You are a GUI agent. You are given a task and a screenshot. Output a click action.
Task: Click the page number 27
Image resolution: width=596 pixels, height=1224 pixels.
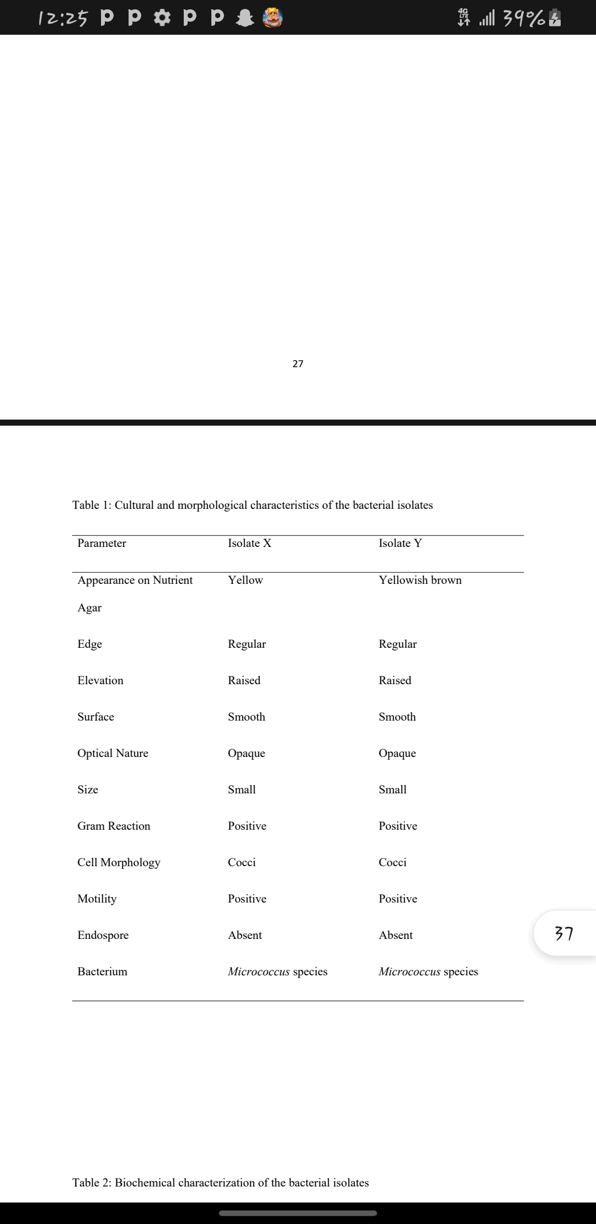pyautogui.click(x=298, y=363)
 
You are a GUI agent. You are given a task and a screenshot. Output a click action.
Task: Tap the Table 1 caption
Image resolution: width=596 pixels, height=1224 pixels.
pyautogui.click(x=252, y=505)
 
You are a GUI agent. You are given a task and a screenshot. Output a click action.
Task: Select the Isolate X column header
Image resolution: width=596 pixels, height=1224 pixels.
pyautogui.click(x=249, y=543)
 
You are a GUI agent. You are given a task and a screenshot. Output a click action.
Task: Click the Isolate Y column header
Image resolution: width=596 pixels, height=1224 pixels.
pyautogui.click(x=400, y=543)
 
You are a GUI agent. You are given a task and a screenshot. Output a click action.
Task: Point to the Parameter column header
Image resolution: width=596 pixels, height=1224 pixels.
pyautogui.click(x=102, y=543)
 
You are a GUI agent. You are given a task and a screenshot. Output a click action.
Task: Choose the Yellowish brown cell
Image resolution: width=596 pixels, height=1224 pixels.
pyautogui.click(x=420, y=580)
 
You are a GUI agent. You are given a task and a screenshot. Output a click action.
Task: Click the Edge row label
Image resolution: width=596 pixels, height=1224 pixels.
pyautogui.click(x=89, y=644)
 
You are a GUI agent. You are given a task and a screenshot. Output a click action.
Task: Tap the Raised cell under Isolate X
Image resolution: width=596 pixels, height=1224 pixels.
pyautogui.click(x=244, y=680)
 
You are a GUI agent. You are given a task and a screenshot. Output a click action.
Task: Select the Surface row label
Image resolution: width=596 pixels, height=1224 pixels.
pyautogui.click(x=95, y=717)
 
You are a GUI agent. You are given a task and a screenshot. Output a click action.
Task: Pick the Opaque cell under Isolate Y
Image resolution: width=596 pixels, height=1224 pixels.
pyautogui.click(x=397, y=753)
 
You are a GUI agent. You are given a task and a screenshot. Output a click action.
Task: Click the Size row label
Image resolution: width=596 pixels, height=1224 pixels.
pyautogui.click(x=88, y=790)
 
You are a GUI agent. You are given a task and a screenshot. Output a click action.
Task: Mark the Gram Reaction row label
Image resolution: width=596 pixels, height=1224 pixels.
pyautogui.click(x=114, y=826)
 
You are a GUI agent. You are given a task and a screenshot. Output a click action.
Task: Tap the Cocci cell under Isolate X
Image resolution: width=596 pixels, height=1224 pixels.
pyautogui.click(x=242, y=862)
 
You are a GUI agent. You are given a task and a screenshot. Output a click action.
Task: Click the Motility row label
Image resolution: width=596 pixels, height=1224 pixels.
pyautogui.click(x=97, y=899)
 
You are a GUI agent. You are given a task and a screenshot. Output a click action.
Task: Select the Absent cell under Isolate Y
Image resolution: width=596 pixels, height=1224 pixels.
pyautogui.click(x=396, y=935)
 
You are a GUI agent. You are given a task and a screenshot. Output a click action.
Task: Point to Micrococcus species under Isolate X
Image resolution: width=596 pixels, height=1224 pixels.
pyautogui.click(x=278, y=971)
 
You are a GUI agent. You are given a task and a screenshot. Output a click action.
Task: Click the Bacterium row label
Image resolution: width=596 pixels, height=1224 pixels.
pyautogui.click(x=102, y=971)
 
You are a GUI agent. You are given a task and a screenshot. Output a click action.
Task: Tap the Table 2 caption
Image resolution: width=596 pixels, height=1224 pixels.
pyautogui.click(x=221, y=1183)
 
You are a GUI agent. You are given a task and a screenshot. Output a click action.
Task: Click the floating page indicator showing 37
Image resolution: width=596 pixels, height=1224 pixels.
pyautogui.click(x=564, y=933)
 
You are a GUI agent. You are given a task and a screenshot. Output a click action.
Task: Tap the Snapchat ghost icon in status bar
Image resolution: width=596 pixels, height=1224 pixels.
pyautogui.click(x=243, y=18)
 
